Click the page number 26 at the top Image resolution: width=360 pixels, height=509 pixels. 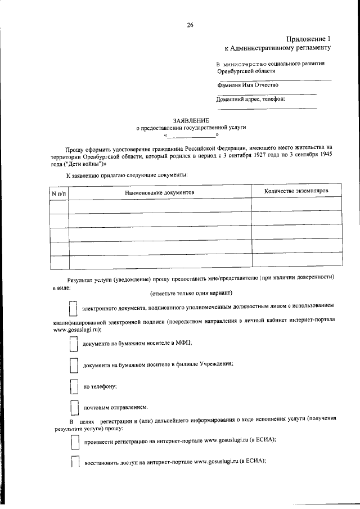[x=190, y=25]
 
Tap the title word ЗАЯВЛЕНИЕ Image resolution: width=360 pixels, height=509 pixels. [x=191, y=120]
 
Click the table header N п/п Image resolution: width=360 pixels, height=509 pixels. [x=58, y=192]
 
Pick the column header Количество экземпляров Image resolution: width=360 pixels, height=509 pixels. [x=296, y=191]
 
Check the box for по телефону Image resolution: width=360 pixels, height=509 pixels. [x=73, y=386]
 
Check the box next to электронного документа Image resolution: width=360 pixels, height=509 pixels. [x=73, y=309]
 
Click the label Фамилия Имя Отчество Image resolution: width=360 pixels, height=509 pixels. [x=247, y=85]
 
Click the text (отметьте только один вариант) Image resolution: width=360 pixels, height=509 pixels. [x=191, y=293]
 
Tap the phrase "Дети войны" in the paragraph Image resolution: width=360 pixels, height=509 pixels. [x=83, y=164]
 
